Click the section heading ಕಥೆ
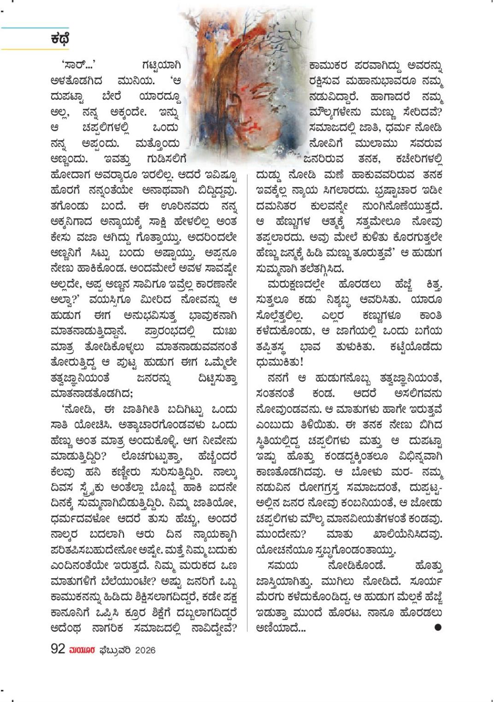pyautogui.click(x=60, y=39)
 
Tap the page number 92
pyautogui.click(x=57, y=649)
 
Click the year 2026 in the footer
pyautogui.click(x=146, y=650)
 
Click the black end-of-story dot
pyautogui.click(x=437, y=627)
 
